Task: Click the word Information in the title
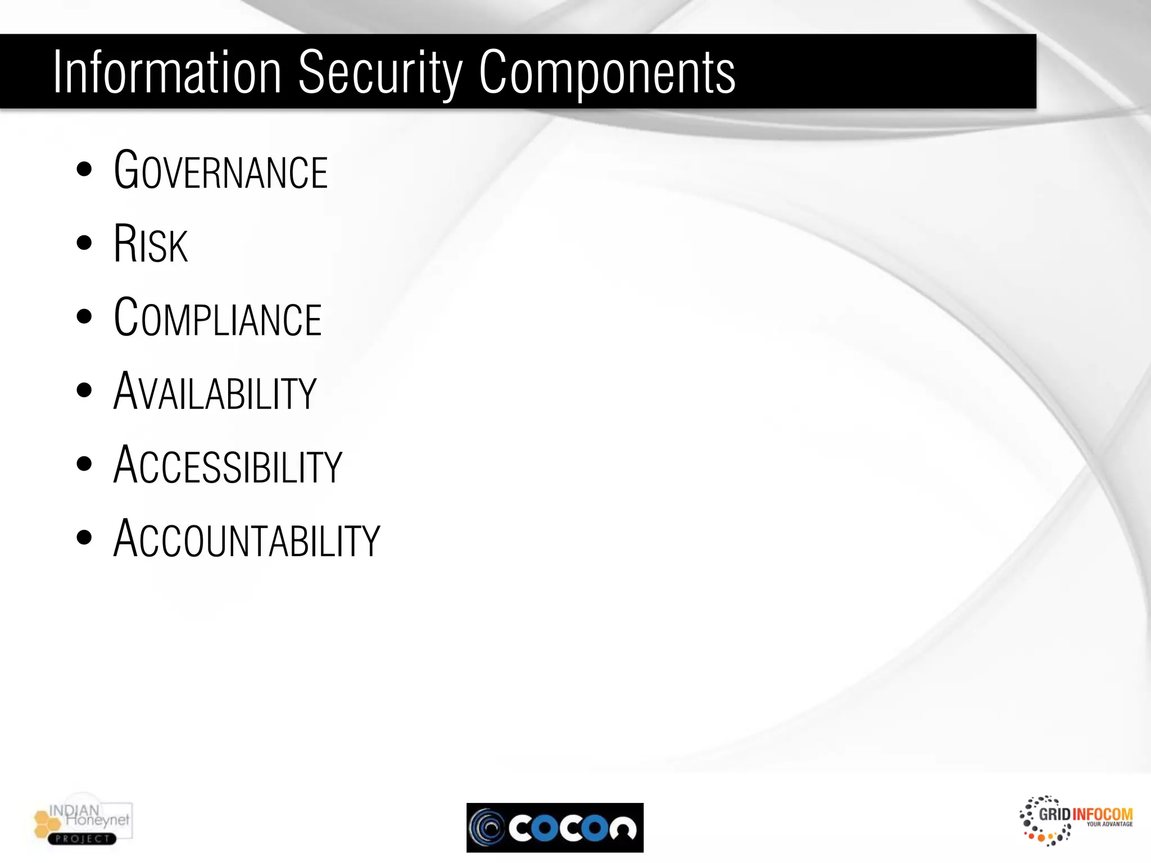tap(167, 72)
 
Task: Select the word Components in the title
tap(607, 74)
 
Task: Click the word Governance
tap(220, 170)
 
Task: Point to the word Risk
tap(151, 244)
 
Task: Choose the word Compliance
tap(217, 317)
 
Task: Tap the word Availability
tap(215, 391)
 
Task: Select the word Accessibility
tap(228, 465)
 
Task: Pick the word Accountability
tap(247, 538)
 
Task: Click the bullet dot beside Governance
tap(84, 170)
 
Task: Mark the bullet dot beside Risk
tap(84, 243)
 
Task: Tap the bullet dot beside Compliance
tap(84, 317)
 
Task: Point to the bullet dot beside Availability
tap(84, 390)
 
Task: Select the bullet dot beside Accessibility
tap(84, 464)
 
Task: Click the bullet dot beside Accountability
tap(84, 538)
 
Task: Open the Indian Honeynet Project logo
tap(83, 823)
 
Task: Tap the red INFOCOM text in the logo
tap(1102, 814)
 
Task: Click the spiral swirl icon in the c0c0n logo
tap(487, 828)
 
